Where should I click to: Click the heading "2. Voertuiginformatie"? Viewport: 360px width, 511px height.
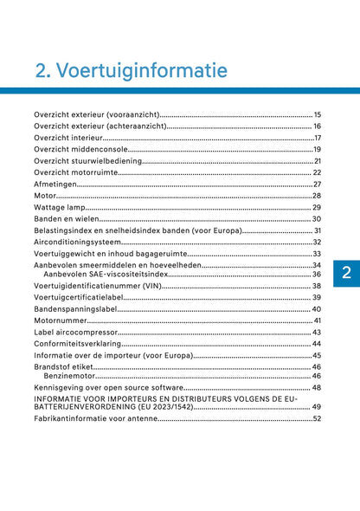point(131,69)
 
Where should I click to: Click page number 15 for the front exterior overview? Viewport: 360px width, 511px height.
point(318,114)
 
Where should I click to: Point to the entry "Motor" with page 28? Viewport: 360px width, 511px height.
point(45,196)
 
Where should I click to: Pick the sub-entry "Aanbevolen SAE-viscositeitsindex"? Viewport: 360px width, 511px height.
point(107,274)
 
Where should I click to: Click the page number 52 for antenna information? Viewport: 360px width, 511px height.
point(317,419)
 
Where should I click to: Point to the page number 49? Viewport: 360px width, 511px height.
point(317,407)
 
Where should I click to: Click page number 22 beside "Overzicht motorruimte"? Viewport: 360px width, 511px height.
point(317,172)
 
